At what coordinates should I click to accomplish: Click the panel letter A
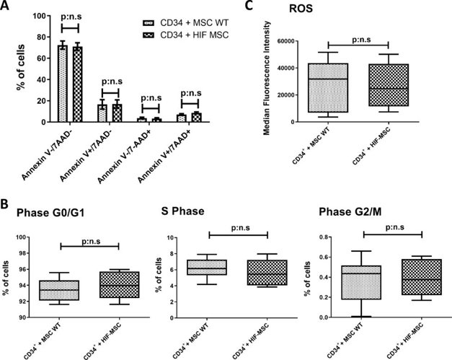pos(6,6)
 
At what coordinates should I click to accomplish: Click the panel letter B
pos(6,204)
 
